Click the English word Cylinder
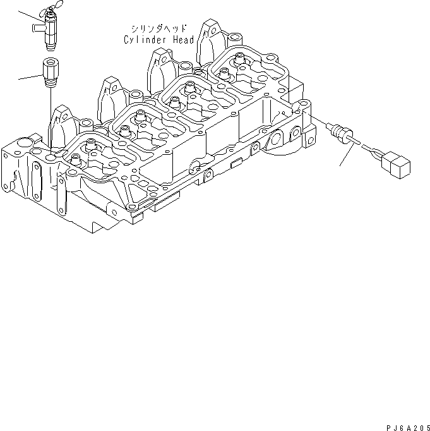pos(144,39)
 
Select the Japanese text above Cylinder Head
pos(158,29)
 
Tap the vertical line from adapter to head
pos(49,114)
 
